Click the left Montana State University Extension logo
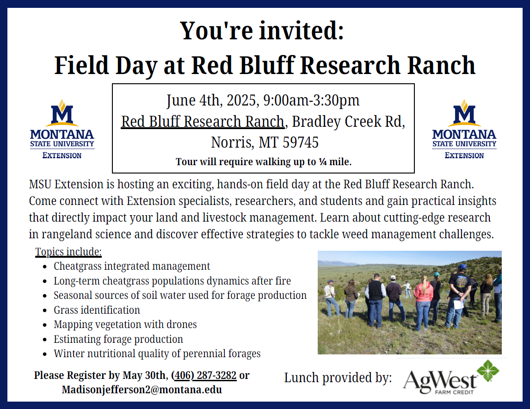(x=62, y=129)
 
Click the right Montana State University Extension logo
(x=464, y=129)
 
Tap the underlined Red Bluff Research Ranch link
(x=203, y=122)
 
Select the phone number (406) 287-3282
(x=204, y=375)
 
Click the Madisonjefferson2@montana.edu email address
(x=142, y=390)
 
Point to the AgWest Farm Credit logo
(x=451, y=377)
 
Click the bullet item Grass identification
(x=97, y=310)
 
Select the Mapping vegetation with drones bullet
(x=125, y=324)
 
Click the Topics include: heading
(x=68, y=252)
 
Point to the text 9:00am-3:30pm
(x=311, y=100)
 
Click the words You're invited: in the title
(x=262, y=31)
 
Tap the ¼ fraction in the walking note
(x=323, y=162)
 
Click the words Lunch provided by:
(x=338, y=378)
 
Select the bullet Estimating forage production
(x=118, y=339)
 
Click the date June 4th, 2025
(x=213, y=101)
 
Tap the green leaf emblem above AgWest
(x=488, y=371)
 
